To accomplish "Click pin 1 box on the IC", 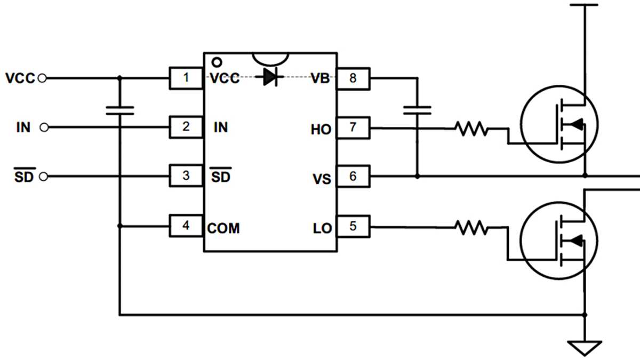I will click(186, 78).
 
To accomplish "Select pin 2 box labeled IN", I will click(186, 127).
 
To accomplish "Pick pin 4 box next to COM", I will click(186, 226).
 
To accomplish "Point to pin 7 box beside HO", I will click(353, 128).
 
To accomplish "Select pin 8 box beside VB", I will click(353, 78).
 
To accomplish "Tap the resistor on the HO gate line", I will click(471, 129).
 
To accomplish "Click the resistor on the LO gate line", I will click(471, 228).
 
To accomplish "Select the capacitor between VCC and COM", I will click(119, 110).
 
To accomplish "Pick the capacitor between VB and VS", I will click(417, 110).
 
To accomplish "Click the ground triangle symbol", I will click(585, 347).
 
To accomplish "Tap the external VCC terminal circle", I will click(43, 78).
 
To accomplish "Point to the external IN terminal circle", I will click(44, 127).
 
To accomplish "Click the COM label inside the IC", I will click(223, 229).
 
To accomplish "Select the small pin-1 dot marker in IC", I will click(217, 61).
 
